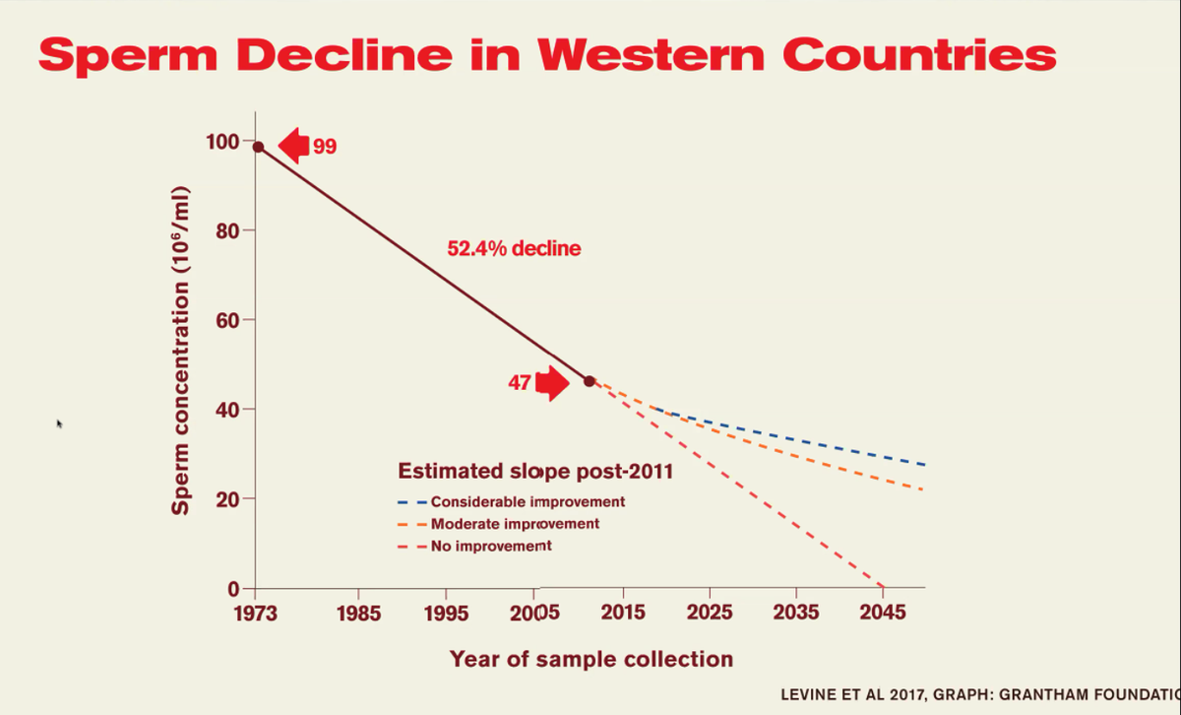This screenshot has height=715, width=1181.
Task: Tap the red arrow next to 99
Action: coord(293,146)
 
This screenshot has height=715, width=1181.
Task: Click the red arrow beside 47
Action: coord(553,382)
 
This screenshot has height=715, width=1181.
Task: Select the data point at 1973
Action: coord(258,147)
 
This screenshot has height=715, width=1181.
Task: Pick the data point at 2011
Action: coord(590,380)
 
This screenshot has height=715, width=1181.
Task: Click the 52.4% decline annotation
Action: coord(514,249)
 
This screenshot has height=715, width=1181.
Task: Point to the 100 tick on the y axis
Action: coord(222,141)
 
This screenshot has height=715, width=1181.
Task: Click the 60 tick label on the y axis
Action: coord(228,320)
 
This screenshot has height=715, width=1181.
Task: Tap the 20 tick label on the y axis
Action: coord(228,499)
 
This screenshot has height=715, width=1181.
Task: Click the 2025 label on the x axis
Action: coord(710,613)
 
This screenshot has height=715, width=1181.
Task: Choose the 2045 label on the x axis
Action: coord(883,613)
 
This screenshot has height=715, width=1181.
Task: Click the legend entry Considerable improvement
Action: coord(528,501)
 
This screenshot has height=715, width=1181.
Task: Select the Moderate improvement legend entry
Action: coord(515,524)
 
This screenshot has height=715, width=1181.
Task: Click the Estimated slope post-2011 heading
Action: coord(535,471)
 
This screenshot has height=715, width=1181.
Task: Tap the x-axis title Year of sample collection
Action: coord(591,659)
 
